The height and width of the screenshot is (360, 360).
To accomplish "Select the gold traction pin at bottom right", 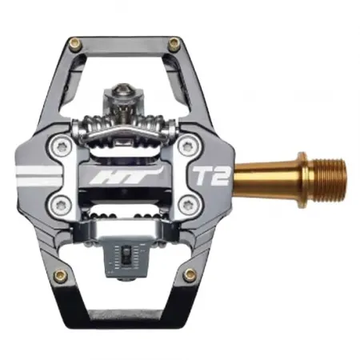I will (x=190, y=274).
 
